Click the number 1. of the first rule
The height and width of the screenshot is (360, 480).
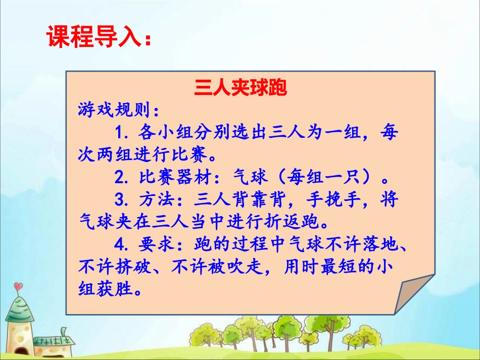pos(122,133)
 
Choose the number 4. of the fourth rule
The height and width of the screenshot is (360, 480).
pos(122,245)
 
